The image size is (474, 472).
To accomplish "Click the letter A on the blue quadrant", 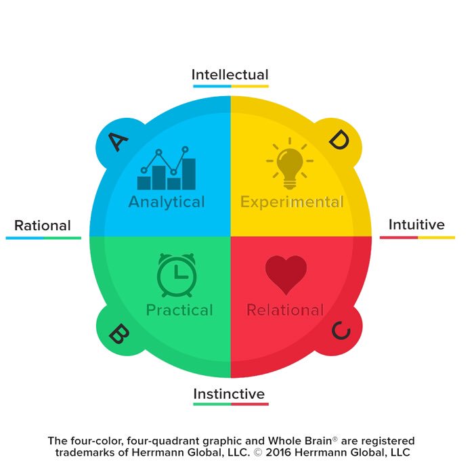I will pos(118,142).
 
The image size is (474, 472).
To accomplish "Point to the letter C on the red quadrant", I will pos(341,331).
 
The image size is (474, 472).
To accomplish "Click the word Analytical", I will pos(167,202).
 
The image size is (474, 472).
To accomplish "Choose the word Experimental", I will pos(292,202).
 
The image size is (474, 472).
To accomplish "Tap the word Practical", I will pos(179,310).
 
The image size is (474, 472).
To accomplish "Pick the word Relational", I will pos(285,310).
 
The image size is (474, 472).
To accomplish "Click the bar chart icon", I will pos(167,169).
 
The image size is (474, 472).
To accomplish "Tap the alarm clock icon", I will pos(177,274).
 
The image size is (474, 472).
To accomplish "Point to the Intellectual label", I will pos(230,74).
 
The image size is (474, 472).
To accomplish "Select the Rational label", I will pos(43,226).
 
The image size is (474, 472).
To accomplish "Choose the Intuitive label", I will pos(416,225).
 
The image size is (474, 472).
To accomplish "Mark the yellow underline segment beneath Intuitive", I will pos(436,238).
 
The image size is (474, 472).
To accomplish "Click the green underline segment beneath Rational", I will pos(62,238).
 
